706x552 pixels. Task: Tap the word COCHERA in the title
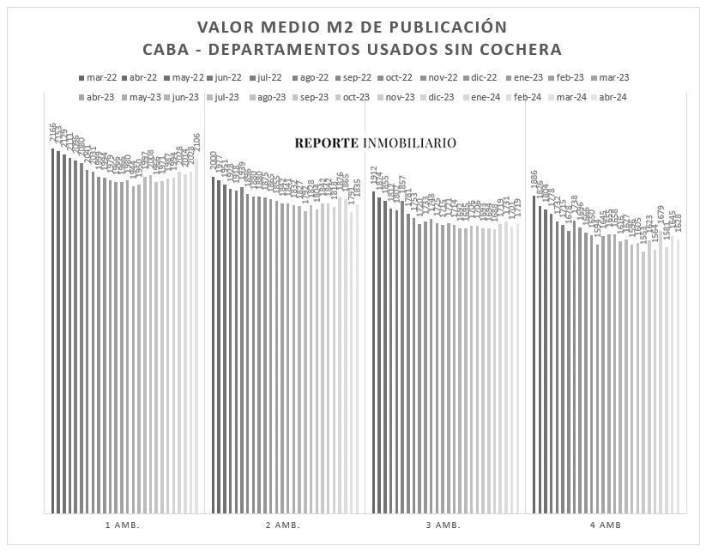point(518,48)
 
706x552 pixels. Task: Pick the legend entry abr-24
point(612,97)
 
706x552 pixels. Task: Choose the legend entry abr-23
point(98,97)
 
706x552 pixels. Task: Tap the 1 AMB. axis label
point(121,525)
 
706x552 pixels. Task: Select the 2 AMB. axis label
point(282,525)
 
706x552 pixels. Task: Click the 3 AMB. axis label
point(443,525)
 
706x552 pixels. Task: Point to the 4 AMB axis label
point(604,525)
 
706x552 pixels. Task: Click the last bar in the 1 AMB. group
point(197,338)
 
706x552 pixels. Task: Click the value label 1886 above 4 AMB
point(534,182)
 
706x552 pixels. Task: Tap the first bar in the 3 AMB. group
point(373,351)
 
